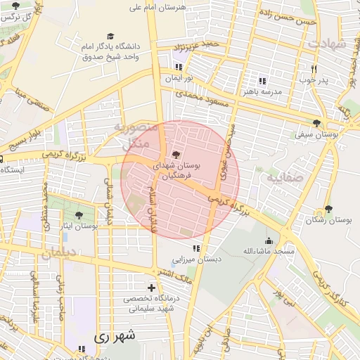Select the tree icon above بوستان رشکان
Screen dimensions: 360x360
328,209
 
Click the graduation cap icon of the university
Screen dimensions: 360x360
110,36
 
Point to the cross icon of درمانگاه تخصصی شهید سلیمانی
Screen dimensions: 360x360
151,288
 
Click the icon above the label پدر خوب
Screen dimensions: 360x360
314,69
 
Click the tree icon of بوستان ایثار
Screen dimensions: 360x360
79,214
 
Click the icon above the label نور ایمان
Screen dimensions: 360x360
178,67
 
